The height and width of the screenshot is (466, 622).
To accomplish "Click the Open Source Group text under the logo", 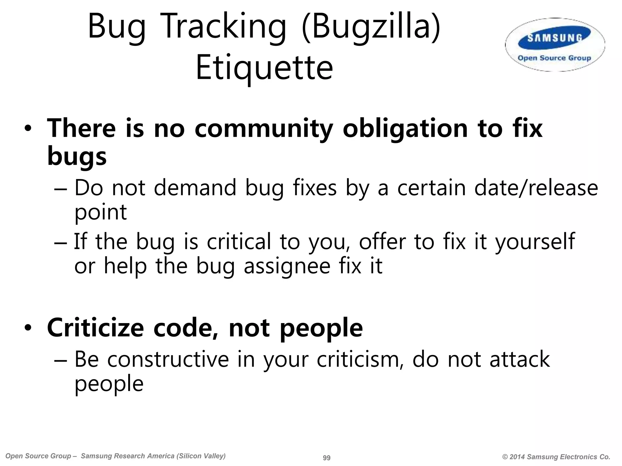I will click(554, 58).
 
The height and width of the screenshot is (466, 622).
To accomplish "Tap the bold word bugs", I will click(77, 157).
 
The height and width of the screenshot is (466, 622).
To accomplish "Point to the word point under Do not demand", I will click(101, 212).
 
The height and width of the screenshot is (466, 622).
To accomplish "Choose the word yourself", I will click(535, 242).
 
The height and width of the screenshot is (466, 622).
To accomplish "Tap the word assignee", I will click(287, 266).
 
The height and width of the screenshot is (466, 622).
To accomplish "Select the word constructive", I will click(168, 359).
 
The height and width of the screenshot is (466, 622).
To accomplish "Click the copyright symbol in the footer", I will click(505, 457).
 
